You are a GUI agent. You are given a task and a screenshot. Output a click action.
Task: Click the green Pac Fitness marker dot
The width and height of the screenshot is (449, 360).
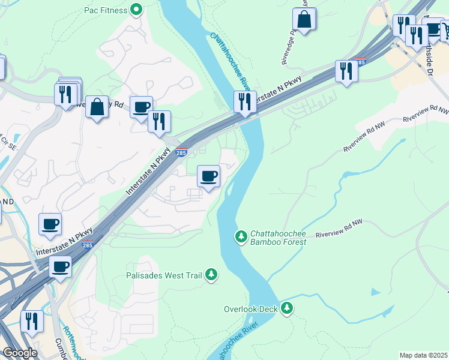pos(137,10)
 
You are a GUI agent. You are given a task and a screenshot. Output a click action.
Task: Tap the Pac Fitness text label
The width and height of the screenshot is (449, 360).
pos(106,10)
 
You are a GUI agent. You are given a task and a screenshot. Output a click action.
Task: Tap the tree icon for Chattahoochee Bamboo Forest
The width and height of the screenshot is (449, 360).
pos(241,237)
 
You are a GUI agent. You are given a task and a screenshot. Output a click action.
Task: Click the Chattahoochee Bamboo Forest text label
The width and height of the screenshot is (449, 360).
pos(278,238)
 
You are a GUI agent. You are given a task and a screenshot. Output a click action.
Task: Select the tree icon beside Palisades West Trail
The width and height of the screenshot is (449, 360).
pos(211,275)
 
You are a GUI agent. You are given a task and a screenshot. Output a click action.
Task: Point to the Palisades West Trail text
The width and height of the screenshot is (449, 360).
pos(164,275)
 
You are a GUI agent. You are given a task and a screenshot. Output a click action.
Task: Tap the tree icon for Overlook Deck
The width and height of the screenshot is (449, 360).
pos(288,308)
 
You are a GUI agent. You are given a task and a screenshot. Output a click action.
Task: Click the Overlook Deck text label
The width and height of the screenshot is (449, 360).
pos(250,309)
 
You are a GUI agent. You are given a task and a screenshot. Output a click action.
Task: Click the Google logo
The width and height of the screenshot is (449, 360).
pos(20,353)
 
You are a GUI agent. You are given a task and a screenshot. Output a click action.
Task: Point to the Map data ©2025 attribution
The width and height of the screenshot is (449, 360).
pos(424,355)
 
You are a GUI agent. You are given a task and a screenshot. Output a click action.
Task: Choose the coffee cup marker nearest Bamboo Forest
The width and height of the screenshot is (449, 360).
pos(208,176)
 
